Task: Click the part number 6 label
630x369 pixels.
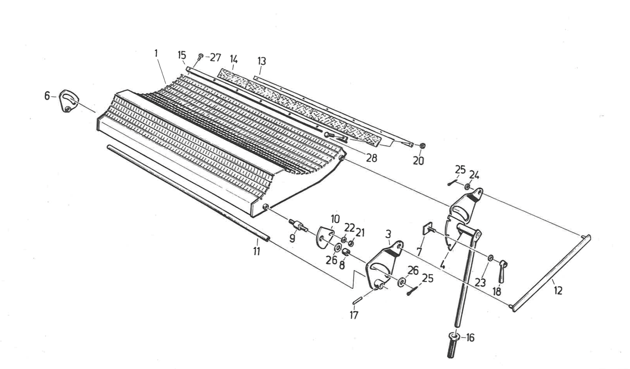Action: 47,96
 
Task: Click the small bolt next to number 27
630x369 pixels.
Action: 201,56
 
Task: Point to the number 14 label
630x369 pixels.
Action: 234,59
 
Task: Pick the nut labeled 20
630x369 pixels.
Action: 422,146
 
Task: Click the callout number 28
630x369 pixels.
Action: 371,158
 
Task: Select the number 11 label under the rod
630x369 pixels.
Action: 257,251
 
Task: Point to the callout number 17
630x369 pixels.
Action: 354,315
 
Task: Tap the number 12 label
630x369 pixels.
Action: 558,290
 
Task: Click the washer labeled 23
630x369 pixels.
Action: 490,258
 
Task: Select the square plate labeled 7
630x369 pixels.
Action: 427,229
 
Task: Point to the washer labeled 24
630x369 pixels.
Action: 467,186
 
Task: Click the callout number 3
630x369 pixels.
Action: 388,234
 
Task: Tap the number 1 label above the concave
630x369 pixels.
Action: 156,54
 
